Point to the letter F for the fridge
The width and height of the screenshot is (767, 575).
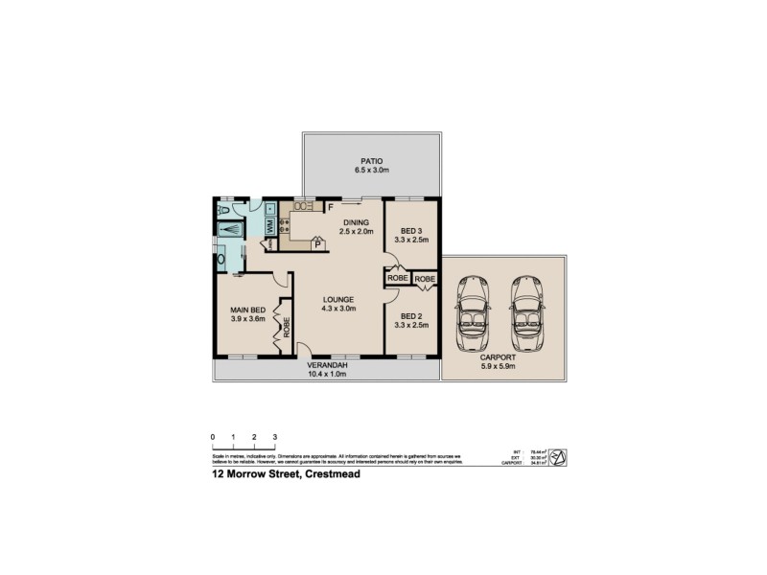click(x=330, y=206)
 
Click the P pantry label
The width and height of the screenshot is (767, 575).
click(x=317, y=244)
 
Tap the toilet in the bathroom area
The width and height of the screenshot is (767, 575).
click(x=223, y=208)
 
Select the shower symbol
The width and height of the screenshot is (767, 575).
click(x=230, y=230)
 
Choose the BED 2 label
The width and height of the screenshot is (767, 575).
click(x=412, y=317)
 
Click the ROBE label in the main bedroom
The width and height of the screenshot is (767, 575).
click(x=286, y=328)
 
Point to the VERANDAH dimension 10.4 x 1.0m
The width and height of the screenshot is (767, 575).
click(x=326, y=374)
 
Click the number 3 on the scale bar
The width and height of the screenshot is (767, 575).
click(x=275, y=437)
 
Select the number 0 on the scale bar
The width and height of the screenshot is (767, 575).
click(x=212, y=437)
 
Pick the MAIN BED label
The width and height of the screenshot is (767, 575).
click(x=246, y=310)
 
